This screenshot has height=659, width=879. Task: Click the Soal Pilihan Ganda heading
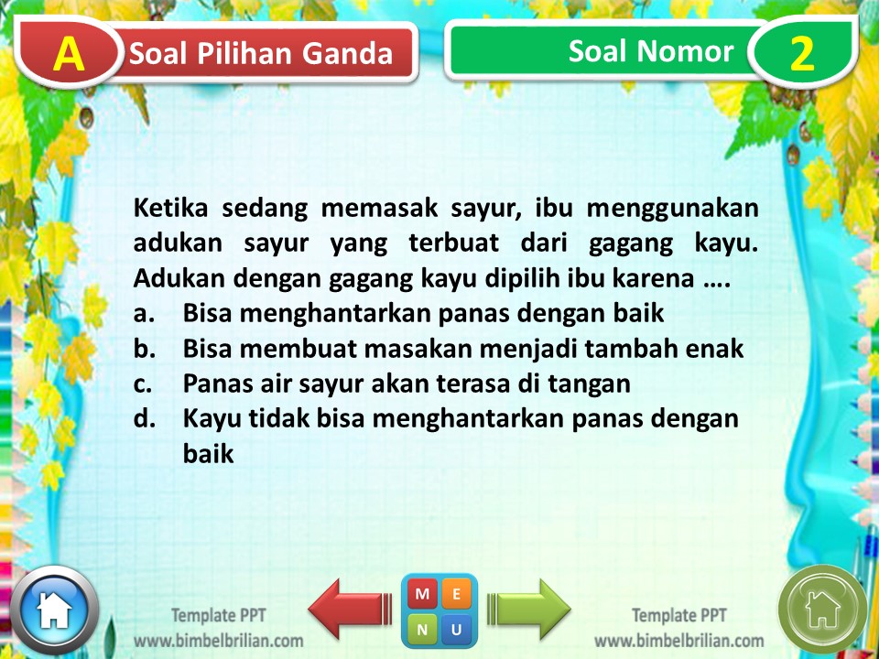pyautogui.click(x=261, y=54)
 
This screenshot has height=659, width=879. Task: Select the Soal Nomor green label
pyautogui.click(x=650, y=51)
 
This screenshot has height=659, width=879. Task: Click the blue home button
pyautogui.click(x=54, y=610)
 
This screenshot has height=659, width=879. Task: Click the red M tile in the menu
pyautogui.click(x=422, y=595)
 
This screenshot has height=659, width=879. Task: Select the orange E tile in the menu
pyautogui.click(x=457, y=595)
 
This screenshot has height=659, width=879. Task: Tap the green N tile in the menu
pyautogui.click(x=422, y=629)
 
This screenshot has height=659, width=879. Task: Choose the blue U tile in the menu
pyautogui.click(x=457, y=629)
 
